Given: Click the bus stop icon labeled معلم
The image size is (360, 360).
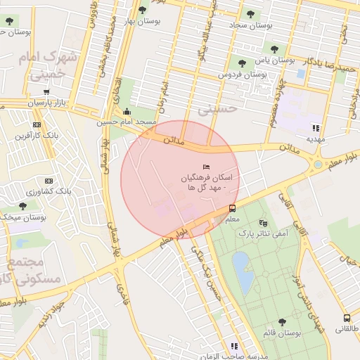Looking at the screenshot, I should [x=232, y=208].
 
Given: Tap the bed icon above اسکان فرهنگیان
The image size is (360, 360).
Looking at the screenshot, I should [x=205, y=167].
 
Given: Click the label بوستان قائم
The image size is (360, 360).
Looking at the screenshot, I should [x=283, y=334].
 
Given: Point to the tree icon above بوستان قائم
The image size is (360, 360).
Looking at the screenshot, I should [x=282, y=322].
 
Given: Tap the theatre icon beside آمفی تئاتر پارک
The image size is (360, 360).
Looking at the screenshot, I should [x=264, y=223].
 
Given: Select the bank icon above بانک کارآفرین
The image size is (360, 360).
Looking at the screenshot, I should [x=47, y=124].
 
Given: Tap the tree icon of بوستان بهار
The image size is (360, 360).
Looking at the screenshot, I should [x=143, y=10].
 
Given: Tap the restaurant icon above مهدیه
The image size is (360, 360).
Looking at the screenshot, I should [x=316, y=128].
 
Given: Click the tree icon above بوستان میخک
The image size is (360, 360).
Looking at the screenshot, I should [x=22, y=206].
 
